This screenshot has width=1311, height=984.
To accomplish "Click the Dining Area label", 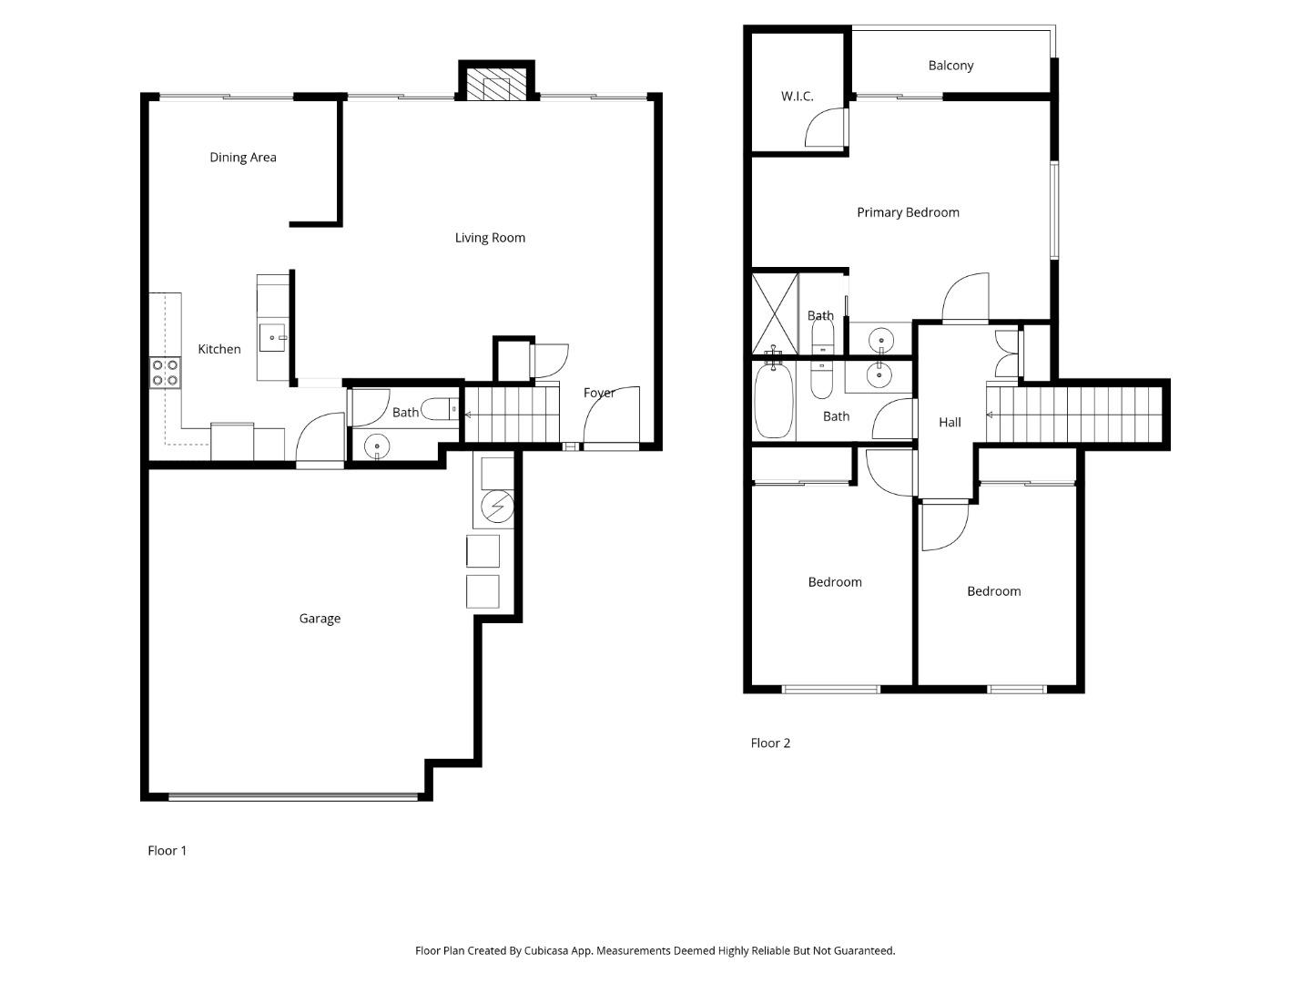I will [x=242, y=158].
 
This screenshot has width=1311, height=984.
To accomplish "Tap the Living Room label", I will [x=490, y=238].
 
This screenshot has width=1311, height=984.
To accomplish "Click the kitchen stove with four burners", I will [x=165, y=373].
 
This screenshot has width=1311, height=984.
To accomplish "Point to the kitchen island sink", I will [x=272, y=337].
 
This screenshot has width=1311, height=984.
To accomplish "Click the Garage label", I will [x=320, y=619].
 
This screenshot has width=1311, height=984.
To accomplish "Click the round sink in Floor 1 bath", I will [x=376, y=446].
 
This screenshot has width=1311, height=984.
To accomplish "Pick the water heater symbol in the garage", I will [x=496, y=507].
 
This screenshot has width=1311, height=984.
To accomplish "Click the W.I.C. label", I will [x=797, y=97].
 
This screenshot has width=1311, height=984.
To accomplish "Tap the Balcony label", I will [x=950, y=66].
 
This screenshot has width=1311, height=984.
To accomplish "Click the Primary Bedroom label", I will [x=908, y=212].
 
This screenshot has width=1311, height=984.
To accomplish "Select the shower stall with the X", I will [x=775, y=313].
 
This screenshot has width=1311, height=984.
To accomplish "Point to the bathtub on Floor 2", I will [x=774, y=402].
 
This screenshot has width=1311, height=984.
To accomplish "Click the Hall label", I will [x=950, y=422].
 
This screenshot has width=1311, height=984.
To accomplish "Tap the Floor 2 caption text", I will [x=770, y=743].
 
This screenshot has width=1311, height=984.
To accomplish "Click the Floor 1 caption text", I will [x=167, y=850].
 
